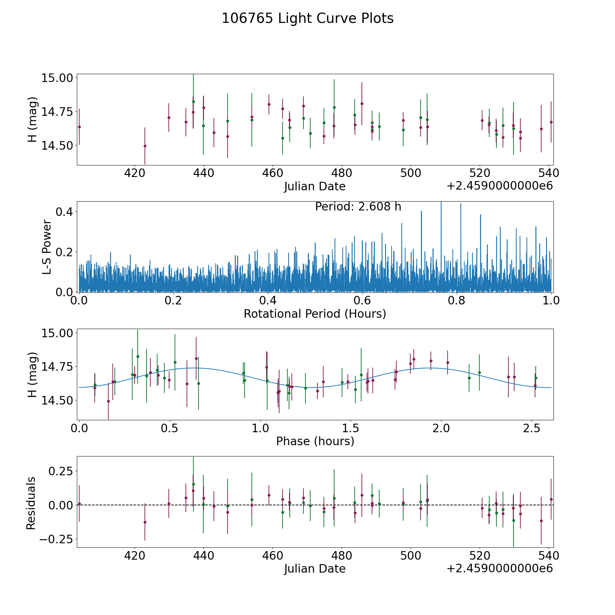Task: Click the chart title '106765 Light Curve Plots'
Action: tap(307, 18)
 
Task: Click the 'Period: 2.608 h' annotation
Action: tap(358, 207)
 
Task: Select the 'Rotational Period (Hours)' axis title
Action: tap(315, 314)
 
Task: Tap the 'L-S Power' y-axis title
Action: tap(47, 247)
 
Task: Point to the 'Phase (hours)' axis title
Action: tap(315, 441)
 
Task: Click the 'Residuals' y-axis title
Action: tap(31, 503)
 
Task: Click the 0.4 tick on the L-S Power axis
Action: tap(64, 212)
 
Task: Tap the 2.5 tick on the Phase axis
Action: tap(532, 428)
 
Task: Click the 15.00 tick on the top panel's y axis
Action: tap(57, 78)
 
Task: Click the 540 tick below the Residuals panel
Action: tap(548, 556)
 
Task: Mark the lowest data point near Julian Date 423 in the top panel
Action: tap(145, 146)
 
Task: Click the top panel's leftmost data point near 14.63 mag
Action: tap(79, 127)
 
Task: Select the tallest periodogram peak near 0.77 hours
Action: tap(441, 203)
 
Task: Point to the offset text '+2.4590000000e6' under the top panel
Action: tap(500, 186)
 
